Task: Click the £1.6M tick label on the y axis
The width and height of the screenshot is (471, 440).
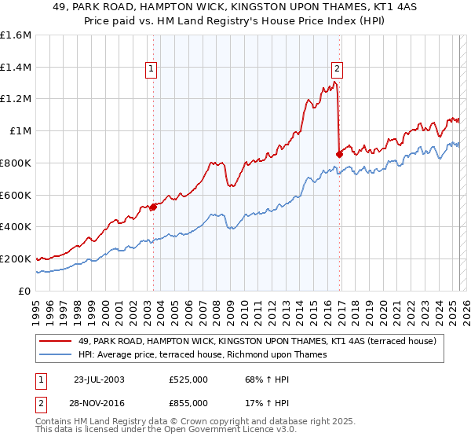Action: (15, 35)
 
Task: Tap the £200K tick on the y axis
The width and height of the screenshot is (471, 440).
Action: (15, 258)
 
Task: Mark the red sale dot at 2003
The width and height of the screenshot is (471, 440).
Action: (153, 207)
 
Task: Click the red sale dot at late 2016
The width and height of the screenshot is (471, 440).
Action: (339, 154)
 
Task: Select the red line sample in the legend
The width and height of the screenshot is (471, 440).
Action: (56, 341)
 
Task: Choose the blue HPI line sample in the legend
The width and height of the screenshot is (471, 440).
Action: (56, 355)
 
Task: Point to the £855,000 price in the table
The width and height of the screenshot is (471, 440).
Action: (188, 402)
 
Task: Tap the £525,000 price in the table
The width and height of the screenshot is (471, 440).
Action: (188, 380)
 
